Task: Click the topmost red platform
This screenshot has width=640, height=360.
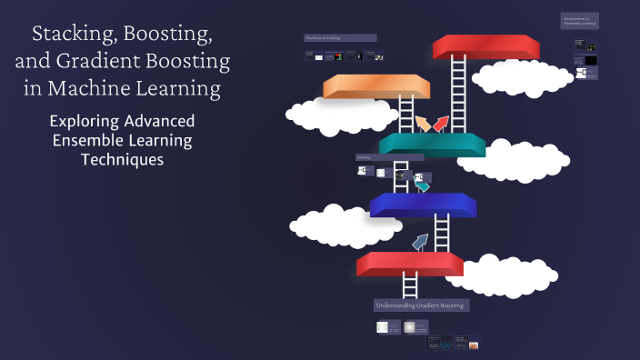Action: click(x=486, y=45)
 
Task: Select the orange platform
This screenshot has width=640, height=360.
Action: click(x=376, y=85)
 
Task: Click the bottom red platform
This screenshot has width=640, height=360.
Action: click(x=410, y=263)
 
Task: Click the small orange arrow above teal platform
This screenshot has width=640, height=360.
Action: click(x=422, y=123)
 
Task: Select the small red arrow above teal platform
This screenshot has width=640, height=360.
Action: click(x=441, y=123)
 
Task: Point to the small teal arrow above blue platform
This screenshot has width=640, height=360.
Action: click(x=422, y=185)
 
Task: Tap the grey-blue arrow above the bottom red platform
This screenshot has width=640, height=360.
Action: click(x=419, y=242)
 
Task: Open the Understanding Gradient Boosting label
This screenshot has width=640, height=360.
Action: click(x=421, y=305)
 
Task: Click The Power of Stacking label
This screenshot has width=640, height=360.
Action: click(x=340, y=38)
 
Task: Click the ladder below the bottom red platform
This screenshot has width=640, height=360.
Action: click(x=410, y=285)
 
